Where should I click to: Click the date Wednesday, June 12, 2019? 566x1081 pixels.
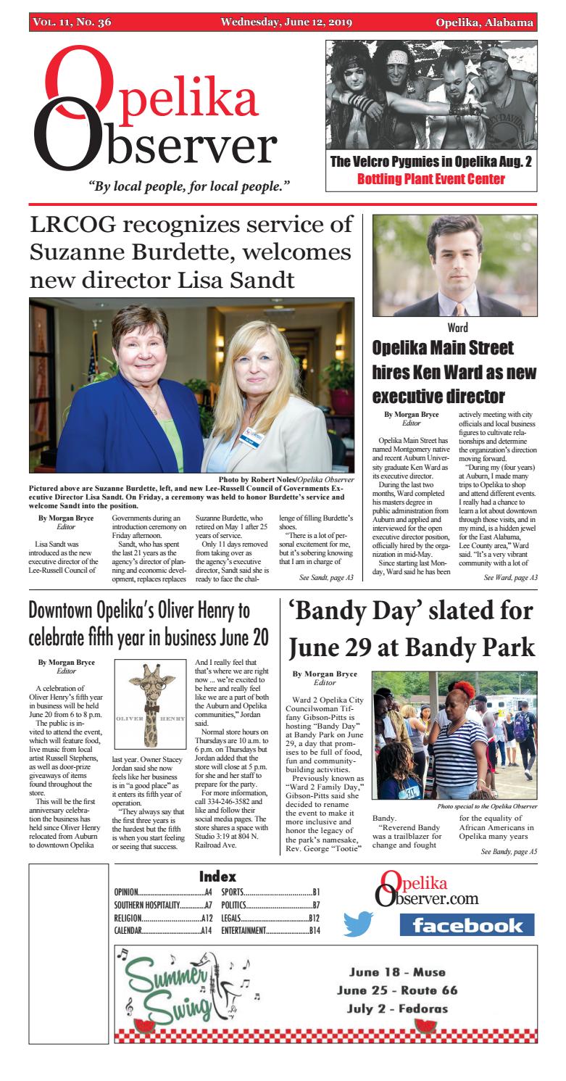[287, 22]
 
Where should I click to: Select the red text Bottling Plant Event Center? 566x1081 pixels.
[431, 180]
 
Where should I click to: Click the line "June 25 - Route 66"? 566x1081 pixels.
[397, 990]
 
